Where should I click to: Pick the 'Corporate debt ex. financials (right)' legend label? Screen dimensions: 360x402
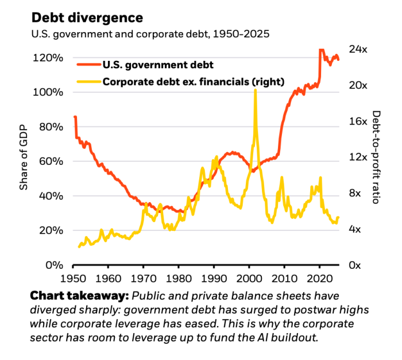pos(193,82)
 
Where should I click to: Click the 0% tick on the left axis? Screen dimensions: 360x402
pos(55,265)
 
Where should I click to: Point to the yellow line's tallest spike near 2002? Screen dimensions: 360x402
pos(254,90)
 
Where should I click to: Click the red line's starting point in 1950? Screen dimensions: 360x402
pos(75,117)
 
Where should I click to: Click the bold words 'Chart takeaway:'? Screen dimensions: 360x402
pos(78,296)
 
